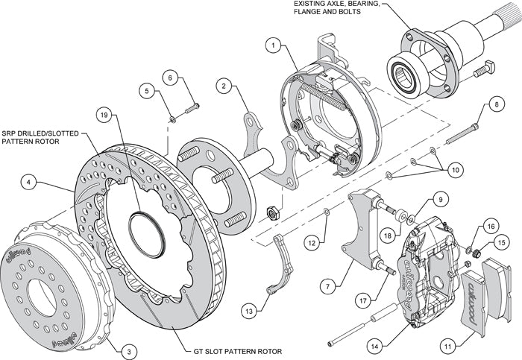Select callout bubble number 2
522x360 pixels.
pos(222,86)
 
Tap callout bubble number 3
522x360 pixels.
pos(130,350)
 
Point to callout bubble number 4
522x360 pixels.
pos(27,180)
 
